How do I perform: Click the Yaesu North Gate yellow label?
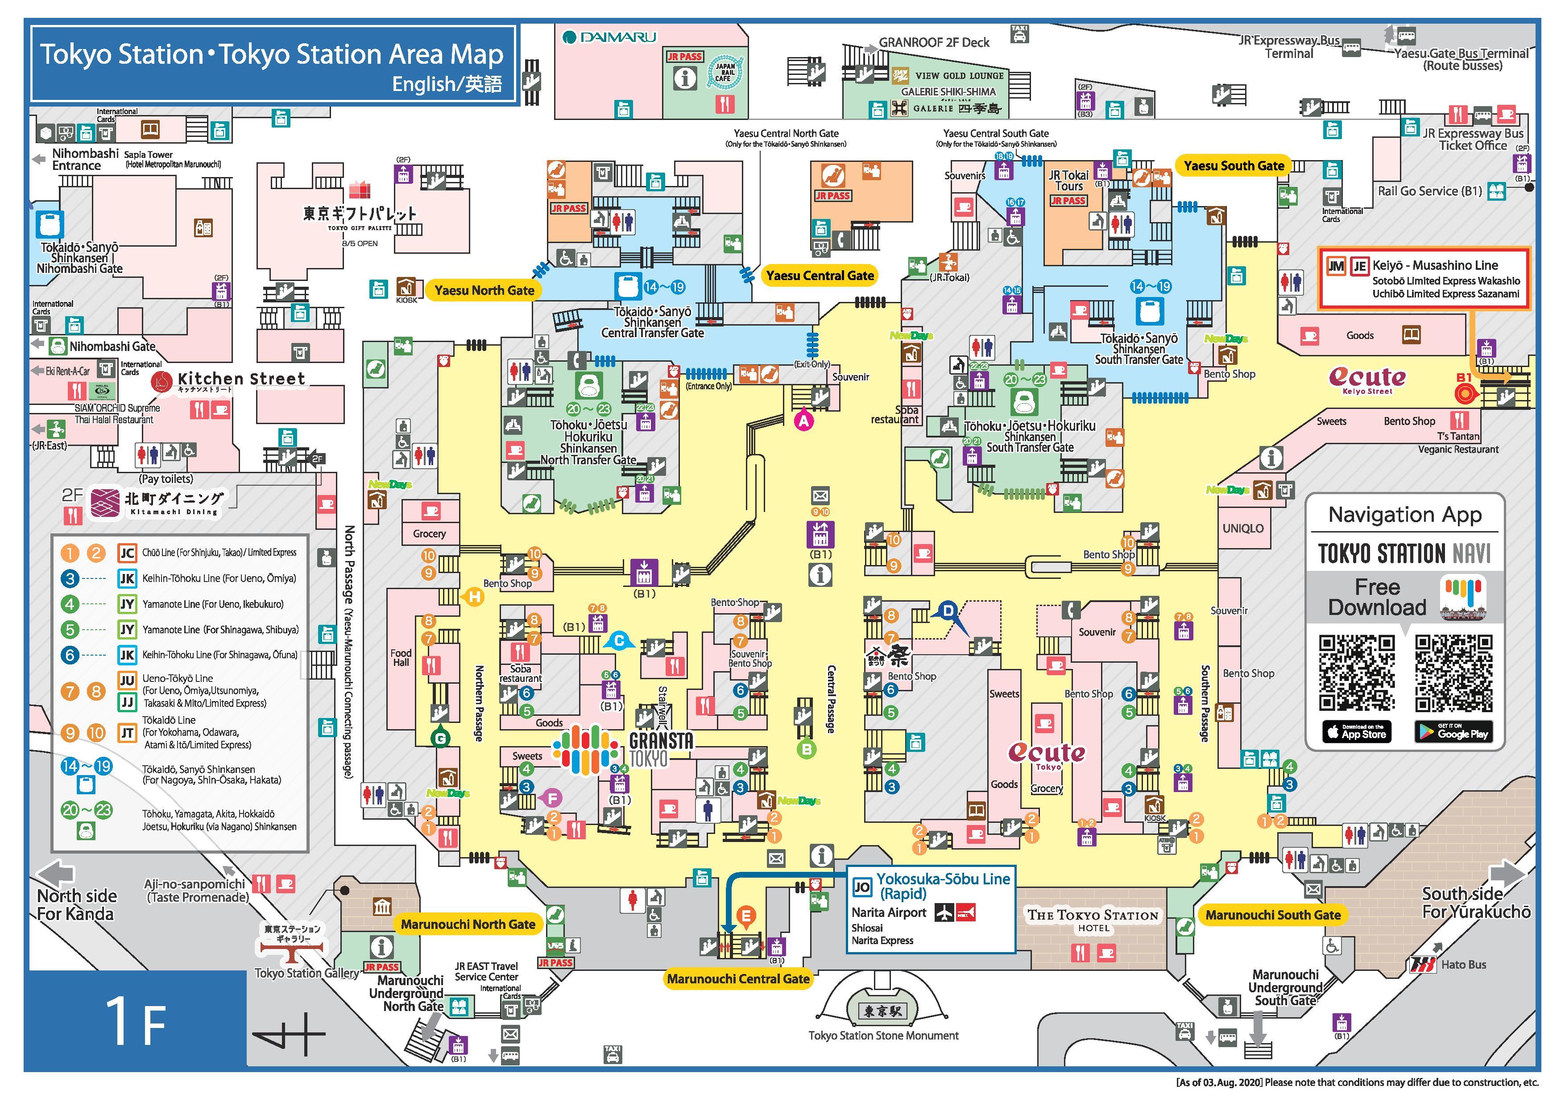(484, 290)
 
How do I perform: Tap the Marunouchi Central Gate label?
(738, 978)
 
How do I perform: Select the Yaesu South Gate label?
(1234, 165)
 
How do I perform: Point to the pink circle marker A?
(804, 421)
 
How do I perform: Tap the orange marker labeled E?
(746, 916)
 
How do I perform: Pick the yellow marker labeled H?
(474, 597)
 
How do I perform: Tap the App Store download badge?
(1356, 732)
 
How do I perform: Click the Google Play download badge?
(1453, 732)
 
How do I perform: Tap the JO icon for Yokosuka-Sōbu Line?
(861, 887)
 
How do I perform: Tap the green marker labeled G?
(441, 739)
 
